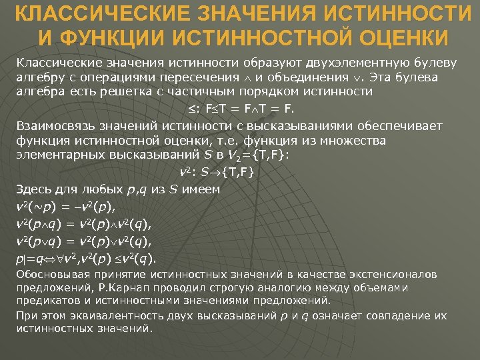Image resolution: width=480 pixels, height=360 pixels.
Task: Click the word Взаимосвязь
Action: [56, 125]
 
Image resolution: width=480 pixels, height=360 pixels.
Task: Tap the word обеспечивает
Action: [383, 125]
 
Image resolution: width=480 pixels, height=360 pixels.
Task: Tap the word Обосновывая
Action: [51, 275]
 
